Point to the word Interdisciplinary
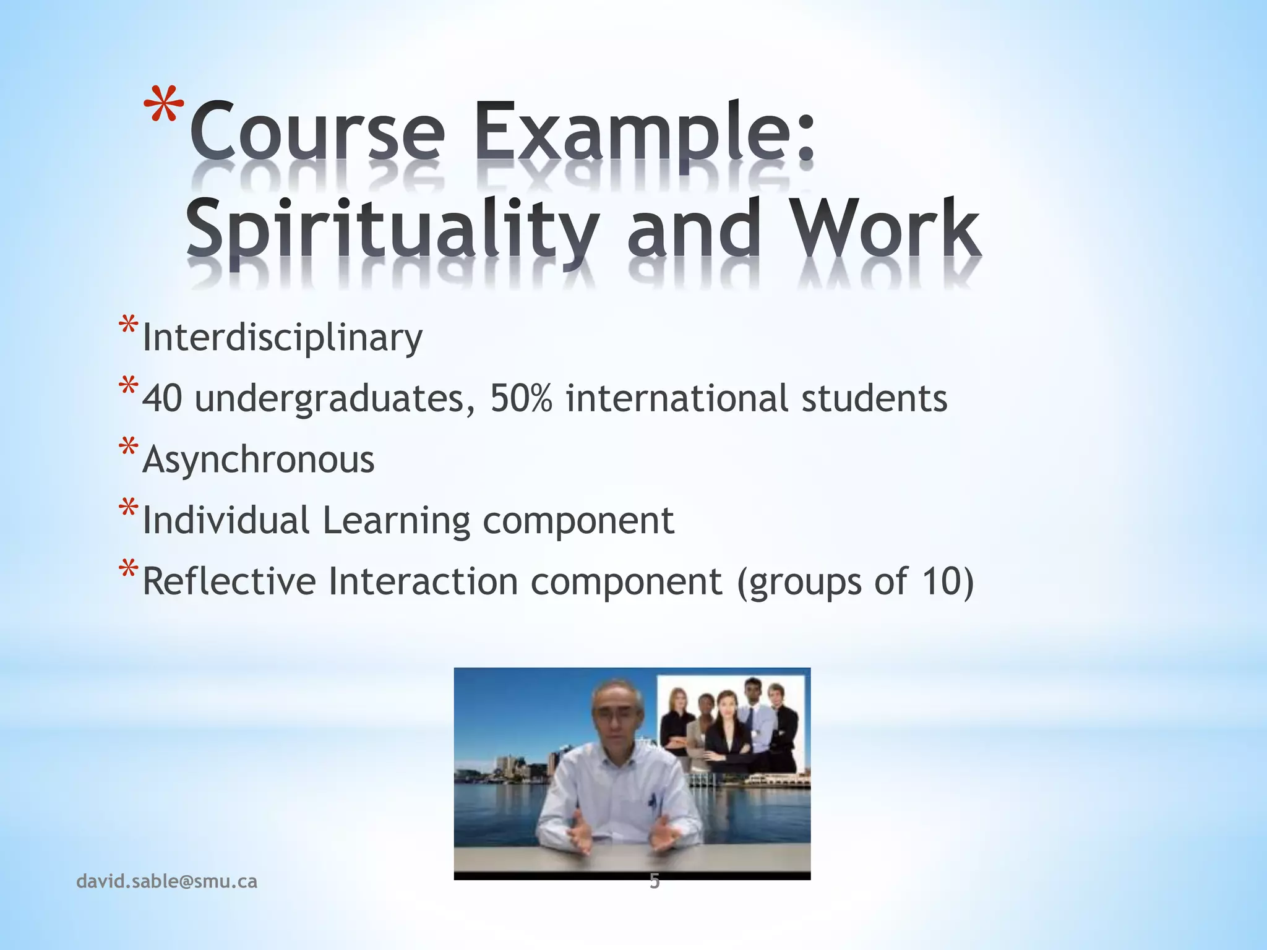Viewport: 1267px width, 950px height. pyautogui.click(x=282, y=338)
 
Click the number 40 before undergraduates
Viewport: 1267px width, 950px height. pyautogui.click(x=162, y=398)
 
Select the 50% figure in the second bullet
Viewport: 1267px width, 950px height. pyautogui.click(x=521, y=398)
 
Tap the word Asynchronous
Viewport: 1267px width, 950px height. pyautogui.click(x=259, y=460)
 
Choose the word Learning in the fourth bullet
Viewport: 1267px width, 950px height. pyautogui.click(x=396, y=520)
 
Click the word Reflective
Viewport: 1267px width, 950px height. pyautogui.click(x=229, y=581)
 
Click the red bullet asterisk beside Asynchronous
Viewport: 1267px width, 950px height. pyautogui.click(x=129, y=448)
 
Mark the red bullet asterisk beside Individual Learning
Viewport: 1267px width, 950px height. pyautogui.click(x=129, y=509)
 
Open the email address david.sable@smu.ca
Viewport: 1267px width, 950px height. pyautogui.click(x=166, y=881)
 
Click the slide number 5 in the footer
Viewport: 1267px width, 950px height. pyautogui.click(x=655, y=882)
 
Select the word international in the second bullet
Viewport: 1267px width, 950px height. pyautogui.click(x=677, y=398)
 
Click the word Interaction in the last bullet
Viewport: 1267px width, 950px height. pyautogui.click(x=423, y=581)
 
